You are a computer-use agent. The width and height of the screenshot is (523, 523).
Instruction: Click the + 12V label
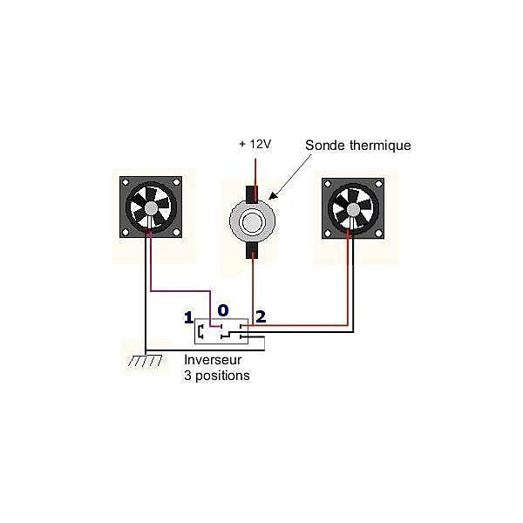pyautogui.click(x=255, y=144)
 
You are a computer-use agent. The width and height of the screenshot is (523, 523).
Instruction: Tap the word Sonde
pyautogui.click(x=325, y=146)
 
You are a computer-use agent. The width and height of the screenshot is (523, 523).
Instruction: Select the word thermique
pyautogui.click(x=380, y=146)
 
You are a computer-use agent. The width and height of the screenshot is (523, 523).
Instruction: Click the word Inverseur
pyautogui.click(x=213, y=360)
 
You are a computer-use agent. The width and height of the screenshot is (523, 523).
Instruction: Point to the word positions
pyautogui.click(x=222, y=377)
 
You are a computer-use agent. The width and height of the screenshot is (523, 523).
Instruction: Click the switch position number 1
pyautogui.click(x=189, y=317)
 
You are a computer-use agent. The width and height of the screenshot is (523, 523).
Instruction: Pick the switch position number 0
pyautogui.click(x=223, y=310)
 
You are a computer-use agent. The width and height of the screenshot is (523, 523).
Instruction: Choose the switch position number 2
pyautogui.click(x=261, y=316)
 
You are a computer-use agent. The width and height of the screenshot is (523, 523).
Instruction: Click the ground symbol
pyautogui.click(x=146, y=361)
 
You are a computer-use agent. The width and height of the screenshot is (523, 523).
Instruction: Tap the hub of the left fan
pyautogui.click(x=151, y=207)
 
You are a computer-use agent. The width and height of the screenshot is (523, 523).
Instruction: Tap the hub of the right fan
pyautogui.click(x=353, y=209)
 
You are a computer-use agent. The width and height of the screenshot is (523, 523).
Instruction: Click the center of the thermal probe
pyautogui.click(x=253, y=221)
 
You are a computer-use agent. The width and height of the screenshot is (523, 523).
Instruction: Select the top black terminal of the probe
pyautogui.click(x=252, y=194)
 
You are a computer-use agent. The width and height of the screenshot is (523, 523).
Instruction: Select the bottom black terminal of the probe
pyautogui.click(x=253, y=250)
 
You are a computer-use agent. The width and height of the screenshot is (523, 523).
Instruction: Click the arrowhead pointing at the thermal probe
pyautogui.click(x=272, y=195)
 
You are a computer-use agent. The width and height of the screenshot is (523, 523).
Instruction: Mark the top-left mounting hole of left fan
pyautogui.click(x=126, y=182)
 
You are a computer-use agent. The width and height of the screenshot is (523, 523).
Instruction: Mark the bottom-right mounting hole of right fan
pyautogui.click(x=378, y=234)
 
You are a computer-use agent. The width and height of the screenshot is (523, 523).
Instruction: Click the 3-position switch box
pyautogui.click(x=221, y=331)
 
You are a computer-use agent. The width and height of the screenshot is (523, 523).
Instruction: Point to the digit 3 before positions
pyautogui.click(x=187, y=376)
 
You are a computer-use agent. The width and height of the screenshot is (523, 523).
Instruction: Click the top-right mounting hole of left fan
pyautogui.click(x=176, y=182)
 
